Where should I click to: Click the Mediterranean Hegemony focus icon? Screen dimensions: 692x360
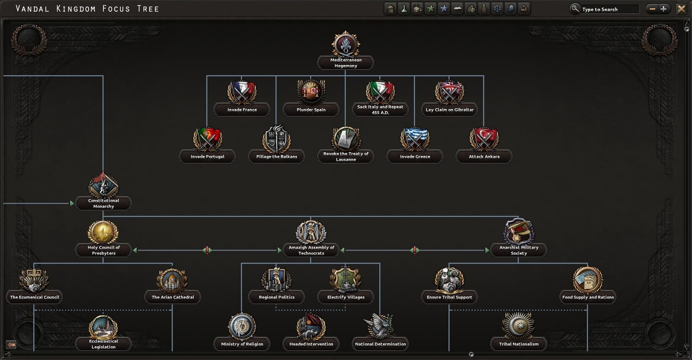346,44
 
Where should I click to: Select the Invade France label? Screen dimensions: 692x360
242,110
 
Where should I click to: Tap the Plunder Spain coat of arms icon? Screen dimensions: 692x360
311,92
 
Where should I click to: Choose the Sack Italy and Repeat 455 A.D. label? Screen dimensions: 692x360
380,110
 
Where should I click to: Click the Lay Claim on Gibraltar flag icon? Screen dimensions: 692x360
449,92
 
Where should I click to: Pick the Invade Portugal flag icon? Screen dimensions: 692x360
207,139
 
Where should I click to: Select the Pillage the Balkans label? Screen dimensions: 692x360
276,157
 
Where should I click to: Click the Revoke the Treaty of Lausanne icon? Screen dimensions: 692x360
346,139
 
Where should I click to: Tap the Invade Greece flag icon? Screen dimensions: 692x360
415,139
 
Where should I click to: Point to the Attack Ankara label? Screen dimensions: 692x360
484,157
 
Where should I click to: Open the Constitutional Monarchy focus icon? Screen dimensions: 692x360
103,185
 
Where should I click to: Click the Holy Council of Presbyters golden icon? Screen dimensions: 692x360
103,232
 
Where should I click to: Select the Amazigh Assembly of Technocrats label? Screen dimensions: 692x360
311,250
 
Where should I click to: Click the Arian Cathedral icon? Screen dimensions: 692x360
172,280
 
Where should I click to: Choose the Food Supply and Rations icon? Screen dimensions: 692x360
588,280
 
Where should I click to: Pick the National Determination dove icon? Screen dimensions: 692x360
380,326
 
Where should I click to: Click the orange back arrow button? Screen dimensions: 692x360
11,345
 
